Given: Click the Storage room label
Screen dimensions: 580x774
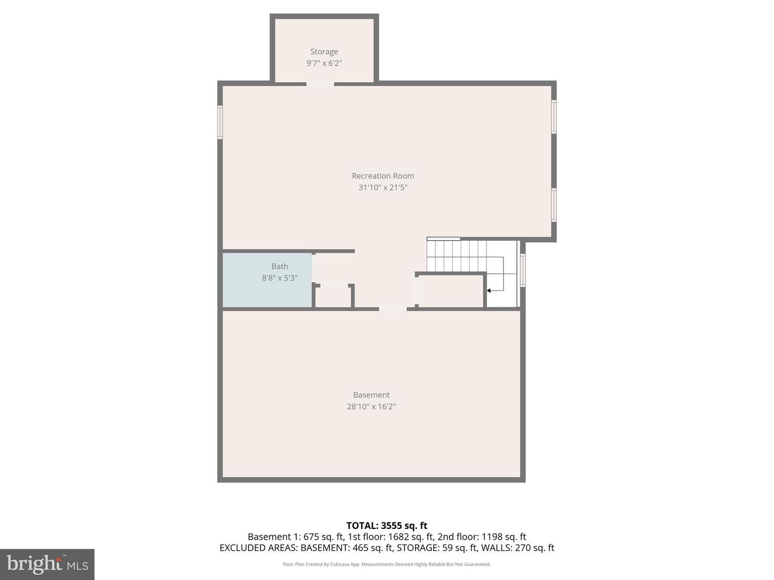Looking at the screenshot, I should pyautogui.click(x=324, y=52).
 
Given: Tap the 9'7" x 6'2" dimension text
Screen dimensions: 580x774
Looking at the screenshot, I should pyautogui.click(x=324, y=63).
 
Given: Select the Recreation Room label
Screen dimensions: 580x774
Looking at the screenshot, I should pyautogui.click(x=383, y=176).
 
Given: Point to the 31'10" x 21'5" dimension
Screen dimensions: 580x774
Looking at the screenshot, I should pyautogui.click(x=383, y=187).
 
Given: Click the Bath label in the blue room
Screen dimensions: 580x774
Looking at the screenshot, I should pyautogui.click(x=279, y=266).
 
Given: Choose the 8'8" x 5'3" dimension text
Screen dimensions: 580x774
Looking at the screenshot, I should pyautogui.click(x=279, y=278).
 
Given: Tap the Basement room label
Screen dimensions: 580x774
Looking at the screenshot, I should pyautogui.click(x=371, y=395).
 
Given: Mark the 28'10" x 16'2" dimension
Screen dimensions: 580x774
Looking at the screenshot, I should pyautogui.click(x=371, y=407).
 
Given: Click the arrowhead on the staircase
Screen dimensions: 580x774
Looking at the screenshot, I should pyautogui.click(x=489, y=291).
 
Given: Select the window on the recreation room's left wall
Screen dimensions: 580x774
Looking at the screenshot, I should pyautogui.click(x=220, y=122).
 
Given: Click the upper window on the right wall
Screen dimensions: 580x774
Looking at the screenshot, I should pyautogui.click(x=554, y=117).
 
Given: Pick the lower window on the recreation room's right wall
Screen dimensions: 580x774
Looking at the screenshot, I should pyautogui.click(x=554, y=205).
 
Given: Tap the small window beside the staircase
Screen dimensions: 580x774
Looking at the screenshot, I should pyautogui.click(x=522, y=271).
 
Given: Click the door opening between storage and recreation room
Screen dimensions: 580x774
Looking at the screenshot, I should pyautogui.click(x=320, y=84).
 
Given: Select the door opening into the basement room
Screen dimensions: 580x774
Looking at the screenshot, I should pyautogui.click(x=393, y=309).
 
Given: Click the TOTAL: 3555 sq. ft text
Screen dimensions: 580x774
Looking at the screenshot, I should pyautogui.click(x=386, y=526).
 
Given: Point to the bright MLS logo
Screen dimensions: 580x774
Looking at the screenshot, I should pyautogui.click(x=47, y=564).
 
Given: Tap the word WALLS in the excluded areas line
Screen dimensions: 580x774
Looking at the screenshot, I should pyautogui.click(x=496, y=548).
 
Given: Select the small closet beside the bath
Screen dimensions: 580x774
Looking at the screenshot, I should pyautogui.click(x=333, y=297).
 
